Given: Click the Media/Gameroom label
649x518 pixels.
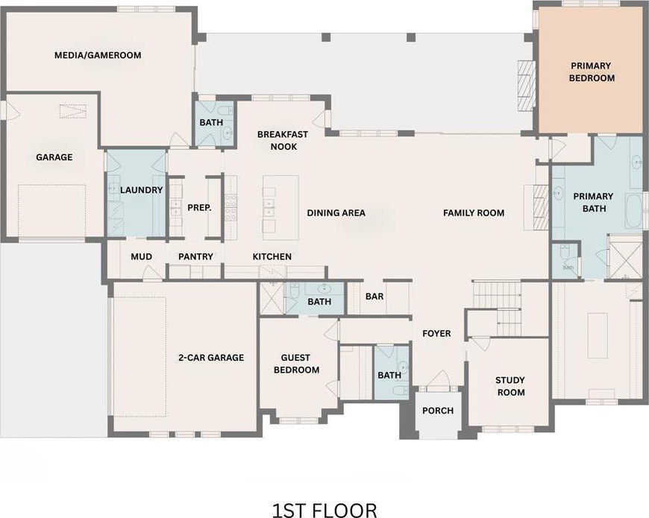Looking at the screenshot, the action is coord(98,55).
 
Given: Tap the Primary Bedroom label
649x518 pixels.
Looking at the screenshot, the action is coord(592,72).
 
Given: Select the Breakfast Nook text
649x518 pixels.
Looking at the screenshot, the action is coord(283,140).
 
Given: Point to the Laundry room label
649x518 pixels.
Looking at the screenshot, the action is coord(141,190).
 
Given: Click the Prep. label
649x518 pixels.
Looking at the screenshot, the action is coord(199,207).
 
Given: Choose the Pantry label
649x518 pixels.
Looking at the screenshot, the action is coord(195,256).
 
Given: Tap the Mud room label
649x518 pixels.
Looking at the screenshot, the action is coord(141,256).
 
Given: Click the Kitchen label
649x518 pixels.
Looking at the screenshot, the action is coord(272,256).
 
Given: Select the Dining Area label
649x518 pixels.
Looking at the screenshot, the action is coord(336,213).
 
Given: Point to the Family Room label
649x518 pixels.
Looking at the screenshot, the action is coord(474,213).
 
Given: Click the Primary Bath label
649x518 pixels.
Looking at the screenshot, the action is coord(593,202).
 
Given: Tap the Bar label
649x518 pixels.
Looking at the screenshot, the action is coord(374,297).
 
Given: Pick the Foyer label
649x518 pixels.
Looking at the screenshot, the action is coord(436,333).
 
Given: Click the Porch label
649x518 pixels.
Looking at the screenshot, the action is coord(438,411).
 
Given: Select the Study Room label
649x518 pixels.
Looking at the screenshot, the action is coord(511,386).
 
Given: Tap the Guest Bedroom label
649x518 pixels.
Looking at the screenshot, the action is coord(296,364).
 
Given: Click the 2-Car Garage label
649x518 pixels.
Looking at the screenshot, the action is coord(211,358).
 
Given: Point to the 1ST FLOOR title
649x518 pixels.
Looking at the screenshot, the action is coord(324,510).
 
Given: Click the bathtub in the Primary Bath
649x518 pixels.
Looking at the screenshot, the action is coord(633,211).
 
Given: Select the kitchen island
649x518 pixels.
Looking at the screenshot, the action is coord(280,207).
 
